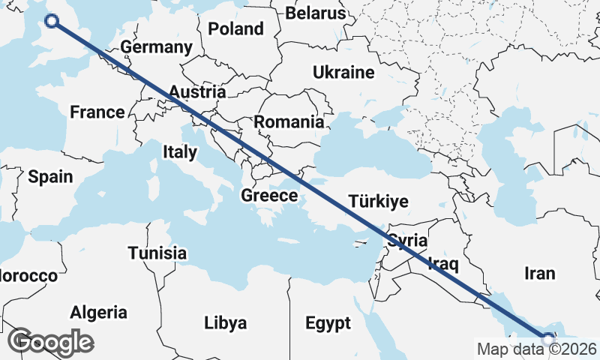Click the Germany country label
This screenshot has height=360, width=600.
coord(156,47)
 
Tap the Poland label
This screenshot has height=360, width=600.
coord(236,29)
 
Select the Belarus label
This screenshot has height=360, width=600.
coord(316,13)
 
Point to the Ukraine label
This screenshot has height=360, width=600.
coord(343,73)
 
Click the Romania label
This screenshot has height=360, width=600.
coord(289,121)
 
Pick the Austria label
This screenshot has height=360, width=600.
coord(196,92)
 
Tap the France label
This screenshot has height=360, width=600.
coord(97,112)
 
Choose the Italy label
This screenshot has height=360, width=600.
coord(180,152)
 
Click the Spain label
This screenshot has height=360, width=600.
coord(50,177)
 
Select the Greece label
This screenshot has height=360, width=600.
coord(269,196)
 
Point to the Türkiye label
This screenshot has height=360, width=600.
coord(378,201)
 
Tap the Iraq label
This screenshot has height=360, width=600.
coord(442,263)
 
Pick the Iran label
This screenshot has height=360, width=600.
coord(540,273)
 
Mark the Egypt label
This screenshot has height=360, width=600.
coord(328,324)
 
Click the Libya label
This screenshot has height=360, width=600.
coord(225,323)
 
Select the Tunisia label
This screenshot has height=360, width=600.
coord(157,253)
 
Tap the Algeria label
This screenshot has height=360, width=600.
coord(99,312)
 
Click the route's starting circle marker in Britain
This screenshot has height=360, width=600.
coord(52,21)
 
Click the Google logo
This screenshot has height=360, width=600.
coord(51,342)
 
